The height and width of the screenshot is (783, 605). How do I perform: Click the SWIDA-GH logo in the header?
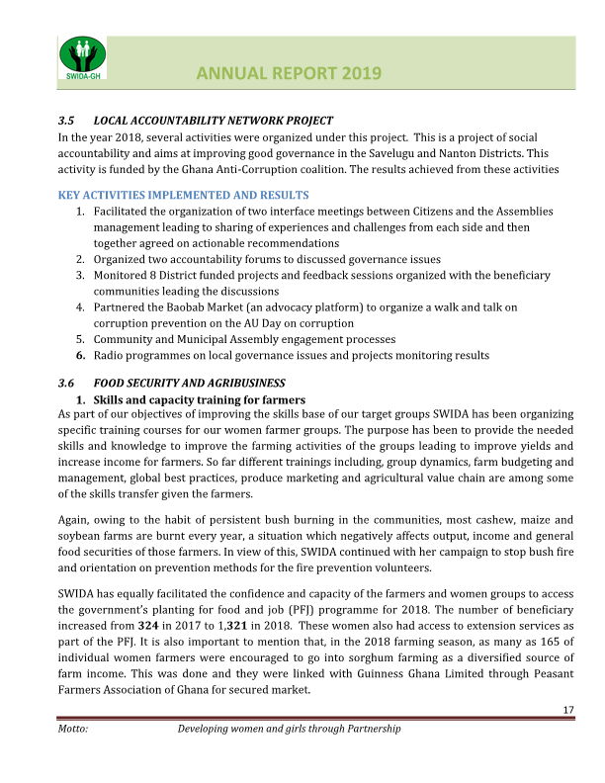84,58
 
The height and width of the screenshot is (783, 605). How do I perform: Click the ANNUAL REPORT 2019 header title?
289,72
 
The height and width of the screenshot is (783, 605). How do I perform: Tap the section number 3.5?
66,121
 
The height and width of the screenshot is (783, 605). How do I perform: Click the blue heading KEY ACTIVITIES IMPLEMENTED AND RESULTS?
184,195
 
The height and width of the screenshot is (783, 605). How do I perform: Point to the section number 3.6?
66,383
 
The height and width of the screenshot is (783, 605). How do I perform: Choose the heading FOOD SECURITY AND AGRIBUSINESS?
189,383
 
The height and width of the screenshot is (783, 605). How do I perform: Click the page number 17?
568,711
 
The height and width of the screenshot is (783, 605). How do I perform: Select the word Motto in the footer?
74,729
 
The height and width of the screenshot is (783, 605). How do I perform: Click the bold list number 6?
80,355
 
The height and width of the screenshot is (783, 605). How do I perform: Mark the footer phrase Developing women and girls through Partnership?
289,729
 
